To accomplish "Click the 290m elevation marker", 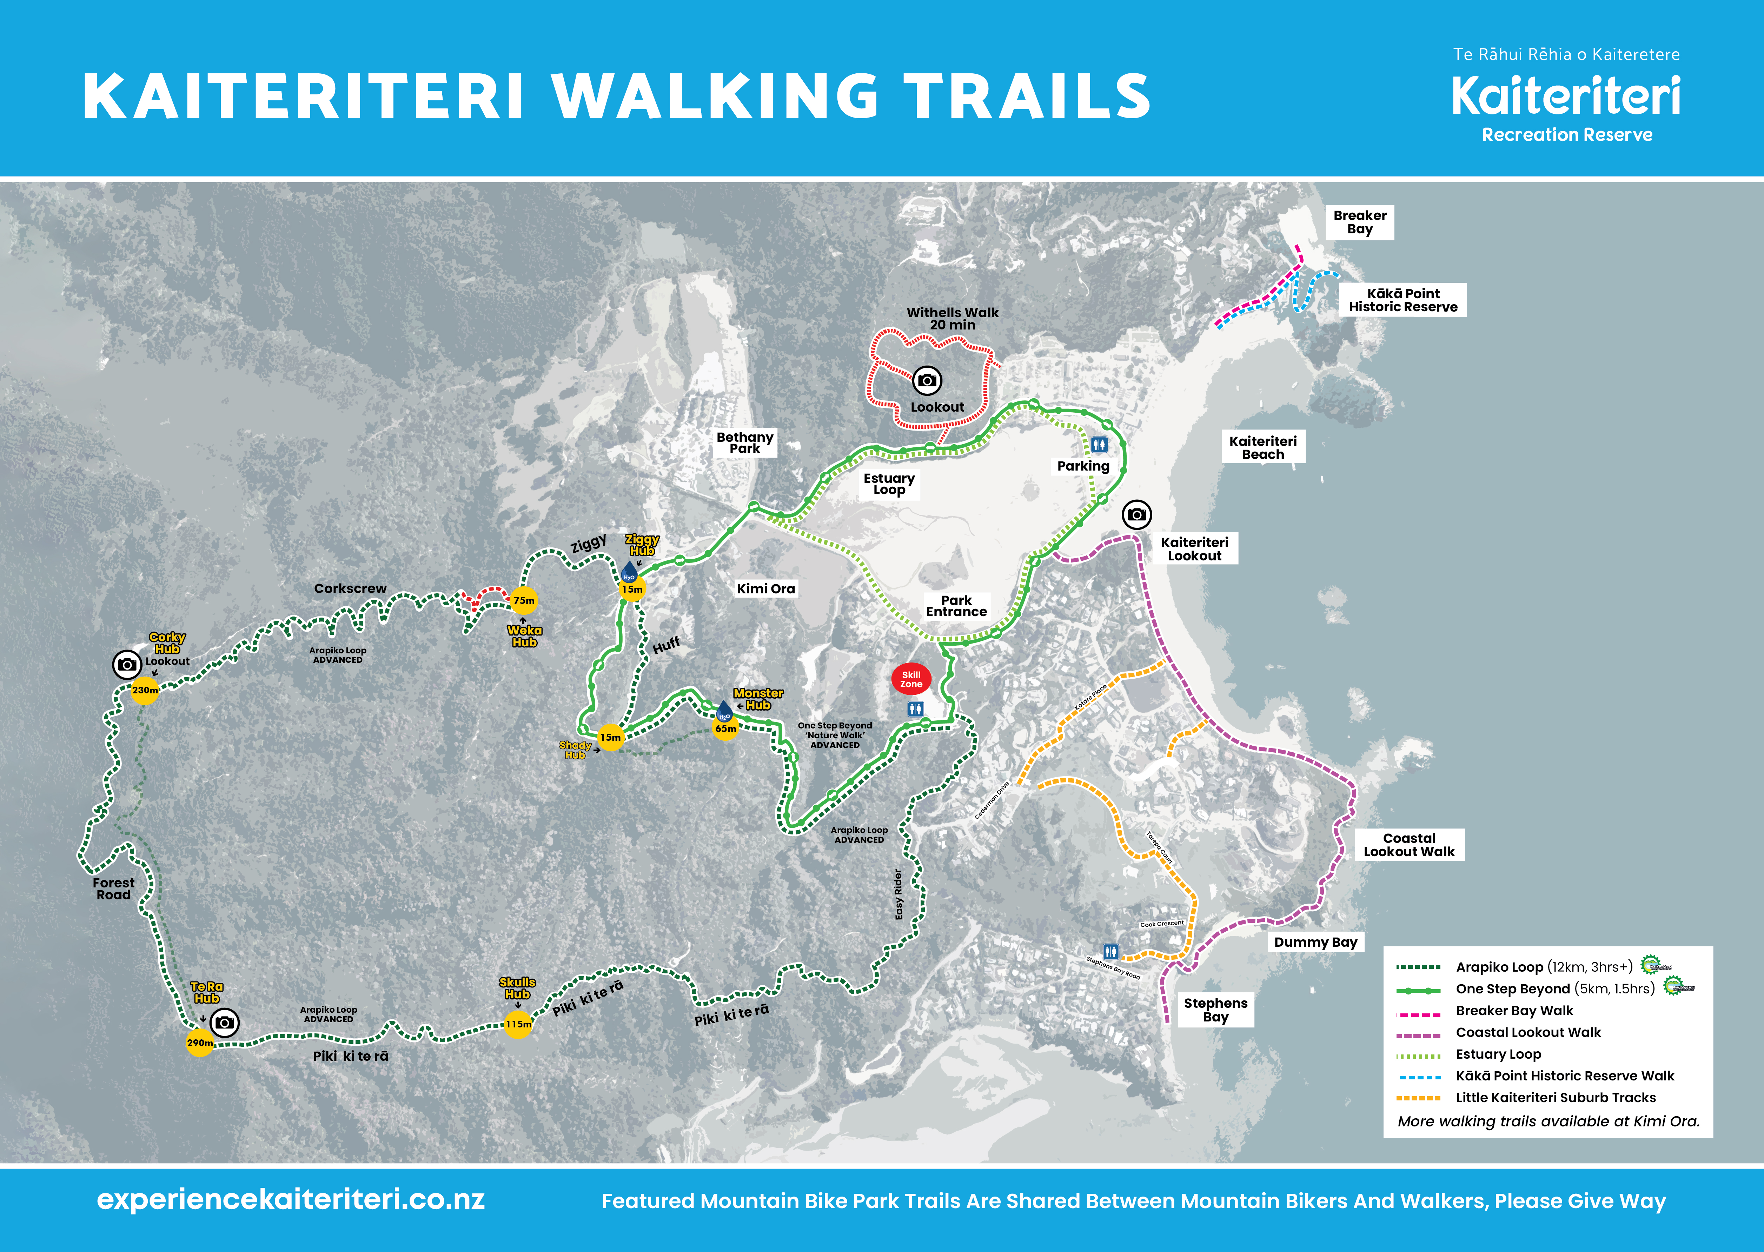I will pyautogui.click(x=200, y=1042).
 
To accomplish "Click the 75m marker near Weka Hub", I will pyautogui.click(x=524, y=600).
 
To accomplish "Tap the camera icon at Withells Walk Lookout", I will pyautogui.click(x=928, y=380).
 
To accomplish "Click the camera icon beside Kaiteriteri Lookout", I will pyautogui.click(x=1136, y=514).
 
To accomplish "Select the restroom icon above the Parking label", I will pyautogui.click(x=1099, y=444).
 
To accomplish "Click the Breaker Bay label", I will pyautogui.click(x=1360, y=222).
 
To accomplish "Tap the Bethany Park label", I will pyautogui.click(x=745, y=442).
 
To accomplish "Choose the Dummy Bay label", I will pyautogui.click(x=1315, y=942).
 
